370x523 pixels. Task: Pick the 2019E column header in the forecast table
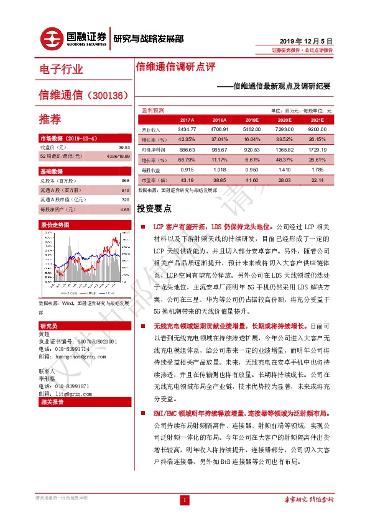click(x=252, y=119)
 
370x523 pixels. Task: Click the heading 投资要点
click(x=154, y=209)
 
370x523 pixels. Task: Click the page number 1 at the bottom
click(x=185, y=500)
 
